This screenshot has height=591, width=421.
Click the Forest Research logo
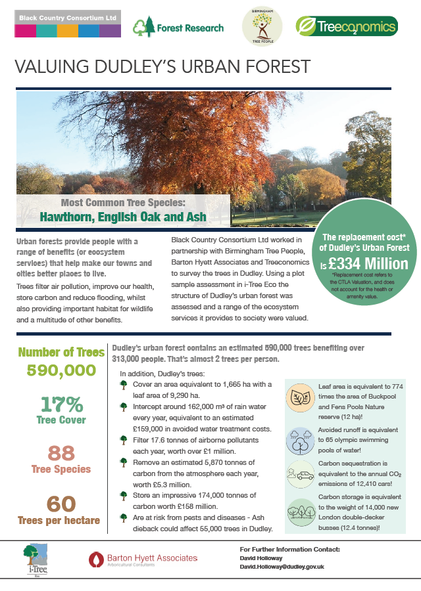(x=178, y=27)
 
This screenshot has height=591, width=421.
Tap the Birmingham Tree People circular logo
(x=262, y=27)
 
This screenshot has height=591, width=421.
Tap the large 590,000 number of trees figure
(x=61, y=370)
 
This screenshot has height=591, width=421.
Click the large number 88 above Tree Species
(x=61, y=453)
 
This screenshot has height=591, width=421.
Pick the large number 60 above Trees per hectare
(x=61, y=504)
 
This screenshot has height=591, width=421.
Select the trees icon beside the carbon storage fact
(x=301, y=511)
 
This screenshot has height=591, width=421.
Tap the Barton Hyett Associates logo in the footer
(x=143, y=559)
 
